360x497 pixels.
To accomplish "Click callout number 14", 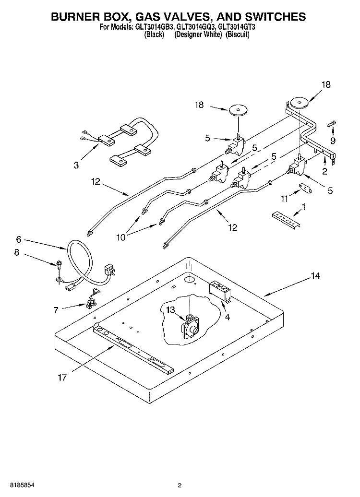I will [314, 276].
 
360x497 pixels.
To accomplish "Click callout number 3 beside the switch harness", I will [76, 166].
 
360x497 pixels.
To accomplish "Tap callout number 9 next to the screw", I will [333, 141].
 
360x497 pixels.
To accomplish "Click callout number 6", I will [19, 238].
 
